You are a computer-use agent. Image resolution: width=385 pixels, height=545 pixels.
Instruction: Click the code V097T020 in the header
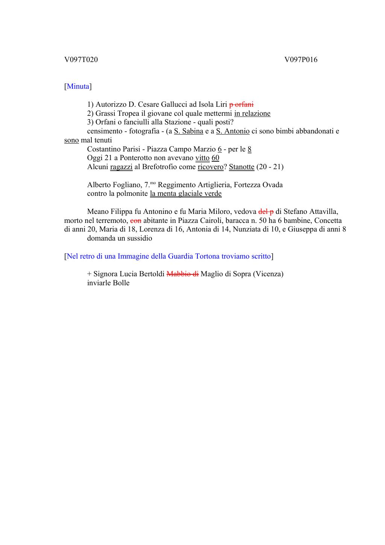(x=81, y=59)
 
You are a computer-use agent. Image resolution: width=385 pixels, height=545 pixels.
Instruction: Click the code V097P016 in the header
(x=301, y=59)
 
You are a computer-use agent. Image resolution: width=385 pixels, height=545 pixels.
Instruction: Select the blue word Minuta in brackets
(x=78, y=86)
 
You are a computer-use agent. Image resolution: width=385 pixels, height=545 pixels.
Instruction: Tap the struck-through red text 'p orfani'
(x=241, y=104)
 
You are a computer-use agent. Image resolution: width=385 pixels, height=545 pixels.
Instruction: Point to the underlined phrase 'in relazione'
(x=252, y=114)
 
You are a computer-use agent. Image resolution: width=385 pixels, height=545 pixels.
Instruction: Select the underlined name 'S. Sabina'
(x=188, y=131)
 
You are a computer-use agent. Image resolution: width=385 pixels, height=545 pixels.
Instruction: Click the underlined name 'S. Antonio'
(x=233, y=131)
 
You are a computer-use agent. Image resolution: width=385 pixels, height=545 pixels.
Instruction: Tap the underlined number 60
(x=215, y=158)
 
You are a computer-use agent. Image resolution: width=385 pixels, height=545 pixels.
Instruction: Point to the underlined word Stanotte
(x=241, y=167)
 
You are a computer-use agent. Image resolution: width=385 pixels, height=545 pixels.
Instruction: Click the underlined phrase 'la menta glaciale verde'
(x=186, y=194)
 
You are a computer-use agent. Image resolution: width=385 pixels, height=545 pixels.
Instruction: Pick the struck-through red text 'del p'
(x=266, y=212)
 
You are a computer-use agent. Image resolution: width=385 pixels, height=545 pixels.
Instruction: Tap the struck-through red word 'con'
(x=136, y=221)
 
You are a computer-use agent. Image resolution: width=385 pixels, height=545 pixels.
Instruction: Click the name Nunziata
(x=247, y=230)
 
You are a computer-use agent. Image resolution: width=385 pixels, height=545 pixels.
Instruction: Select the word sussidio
(x=139, y=238)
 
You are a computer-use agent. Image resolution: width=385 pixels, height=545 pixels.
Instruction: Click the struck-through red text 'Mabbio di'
(x=182, y=274)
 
